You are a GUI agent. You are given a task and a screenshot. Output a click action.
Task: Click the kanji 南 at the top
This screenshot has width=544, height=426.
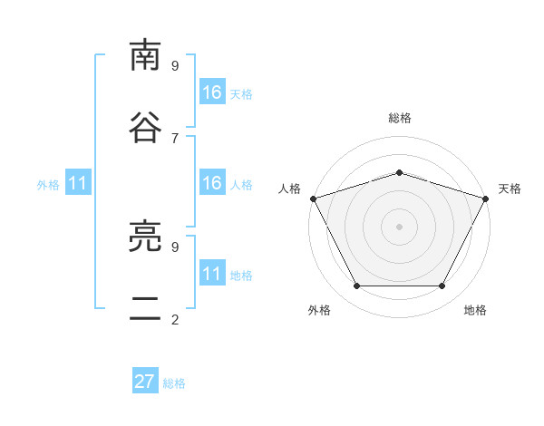point(145,54)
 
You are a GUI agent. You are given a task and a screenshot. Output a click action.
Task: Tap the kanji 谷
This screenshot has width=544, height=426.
point(145,127)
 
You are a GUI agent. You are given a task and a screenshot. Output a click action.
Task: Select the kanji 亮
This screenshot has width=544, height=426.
point(145,236)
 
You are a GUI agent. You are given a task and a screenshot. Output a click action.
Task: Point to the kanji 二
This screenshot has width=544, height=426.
point(145,308)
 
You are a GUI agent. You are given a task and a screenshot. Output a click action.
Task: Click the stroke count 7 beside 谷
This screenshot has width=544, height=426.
point(175,139)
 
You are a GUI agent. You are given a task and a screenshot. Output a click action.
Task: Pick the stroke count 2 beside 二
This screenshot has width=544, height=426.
point(175,320)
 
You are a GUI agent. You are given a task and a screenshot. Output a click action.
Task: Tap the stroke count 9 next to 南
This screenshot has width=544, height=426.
point(175,66)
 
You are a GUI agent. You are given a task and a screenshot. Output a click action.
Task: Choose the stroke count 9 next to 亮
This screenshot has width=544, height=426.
point(175,247)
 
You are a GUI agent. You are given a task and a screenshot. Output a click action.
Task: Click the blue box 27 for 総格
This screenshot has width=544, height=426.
point(145,380)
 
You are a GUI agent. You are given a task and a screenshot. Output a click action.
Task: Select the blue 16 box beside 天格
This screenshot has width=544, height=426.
point(213,92)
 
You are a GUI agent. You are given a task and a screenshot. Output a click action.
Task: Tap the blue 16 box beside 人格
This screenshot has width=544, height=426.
point(213,182)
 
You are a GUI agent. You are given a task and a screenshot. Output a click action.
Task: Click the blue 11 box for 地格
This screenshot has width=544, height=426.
point(213,272)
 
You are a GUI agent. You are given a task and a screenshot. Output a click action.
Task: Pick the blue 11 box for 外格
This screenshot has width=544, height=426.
point(78,182)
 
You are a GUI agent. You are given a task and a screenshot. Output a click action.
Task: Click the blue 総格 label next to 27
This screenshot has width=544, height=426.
point(174,383)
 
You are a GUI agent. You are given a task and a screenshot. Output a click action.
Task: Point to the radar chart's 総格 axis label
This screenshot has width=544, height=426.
point(400,118)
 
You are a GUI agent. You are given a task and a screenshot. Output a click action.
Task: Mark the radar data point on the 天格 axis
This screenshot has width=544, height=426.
point(486,198)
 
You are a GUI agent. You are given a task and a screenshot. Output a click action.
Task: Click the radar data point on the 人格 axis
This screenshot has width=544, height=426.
point(314,198)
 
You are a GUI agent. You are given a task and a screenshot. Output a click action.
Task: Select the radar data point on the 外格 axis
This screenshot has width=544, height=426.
point(357,286)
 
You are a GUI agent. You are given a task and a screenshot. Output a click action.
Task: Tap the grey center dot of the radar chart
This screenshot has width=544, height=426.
point(399,227)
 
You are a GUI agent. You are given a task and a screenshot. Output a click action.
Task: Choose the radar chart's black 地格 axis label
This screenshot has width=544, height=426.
point(475,310)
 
